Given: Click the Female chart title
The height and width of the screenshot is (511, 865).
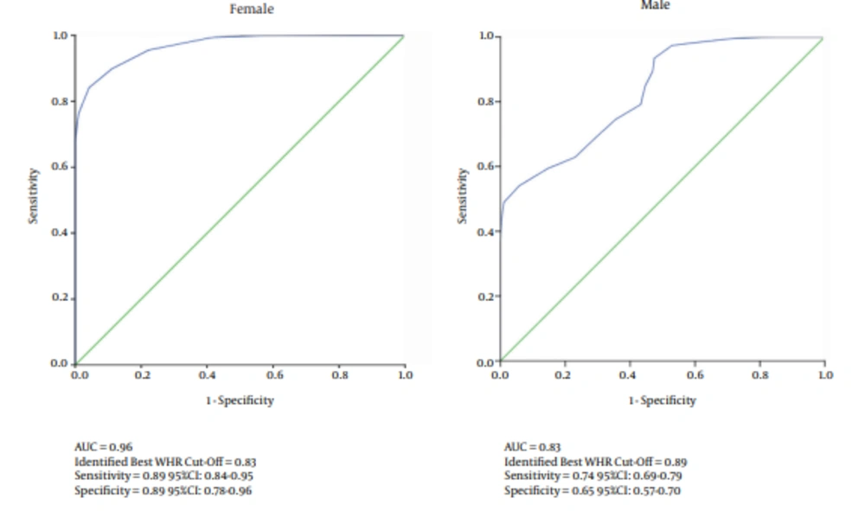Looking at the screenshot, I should tap(252, 10).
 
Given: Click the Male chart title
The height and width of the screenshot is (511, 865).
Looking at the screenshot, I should tap(655, 5).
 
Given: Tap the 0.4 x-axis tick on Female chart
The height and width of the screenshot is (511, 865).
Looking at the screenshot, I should tap(207, 375).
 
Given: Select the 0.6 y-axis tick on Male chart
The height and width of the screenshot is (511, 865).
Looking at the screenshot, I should tap(486, 167).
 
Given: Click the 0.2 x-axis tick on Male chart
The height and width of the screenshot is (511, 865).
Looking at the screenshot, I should tap(565, 374).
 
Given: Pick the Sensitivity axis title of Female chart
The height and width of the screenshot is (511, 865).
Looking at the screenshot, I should tap(34, 196).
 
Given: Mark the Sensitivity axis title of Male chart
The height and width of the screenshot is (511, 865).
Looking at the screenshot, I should tap(462, 195).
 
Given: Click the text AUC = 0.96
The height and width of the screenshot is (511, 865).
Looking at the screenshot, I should tap(104, 447).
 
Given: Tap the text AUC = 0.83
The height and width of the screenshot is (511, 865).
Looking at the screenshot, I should tap(532, 447).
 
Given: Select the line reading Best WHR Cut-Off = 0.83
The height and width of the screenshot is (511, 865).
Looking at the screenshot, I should tap(165, 462).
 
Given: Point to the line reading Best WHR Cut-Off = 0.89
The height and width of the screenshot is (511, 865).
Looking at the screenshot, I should tap(595, 462).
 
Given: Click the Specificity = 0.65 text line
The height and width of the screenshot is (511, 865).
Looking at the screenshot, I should tap(592, 491).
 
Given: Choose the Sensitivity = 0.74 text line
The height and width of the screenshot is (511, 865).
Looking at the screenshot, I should tap(593, 476).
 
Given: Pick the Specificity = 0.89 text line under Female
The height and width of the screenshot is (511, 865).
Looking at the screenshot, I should tap(163, 491).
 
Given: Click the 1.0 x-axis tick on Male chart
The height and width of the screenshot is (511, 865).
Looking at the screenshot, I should tap(825, 374).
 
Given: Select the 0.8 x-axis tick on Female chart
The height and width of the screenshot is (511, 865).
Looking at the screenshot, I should tap(340, 375).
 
